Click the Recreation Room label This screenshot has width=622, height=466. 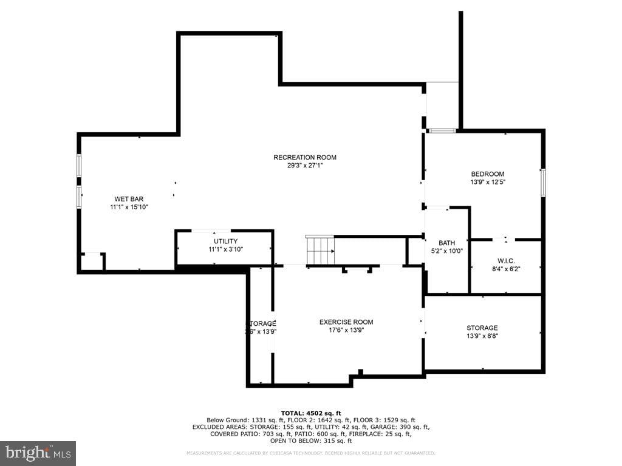[x=304, y=158]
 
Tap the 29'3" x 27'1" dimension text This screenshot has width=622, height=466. [x=304, y=166]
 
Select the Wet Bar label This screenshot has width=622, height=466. [x=129, y=199]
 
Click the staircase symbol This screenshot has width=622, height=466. [x=320, y=250]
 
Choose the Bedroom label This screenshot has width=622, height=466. [x=487, y=174]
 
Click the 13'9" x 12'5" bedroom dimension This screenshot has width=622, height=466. [x=487, y=182]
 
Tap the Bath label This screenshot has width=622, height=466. [x=446, y=243]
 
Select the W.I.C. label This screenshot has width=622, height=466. [x=505, y=261]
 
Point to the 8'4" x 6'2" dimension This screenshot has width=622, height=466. [x=505, y=269]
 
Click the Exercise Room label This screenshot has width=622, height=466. [x=346, y=322]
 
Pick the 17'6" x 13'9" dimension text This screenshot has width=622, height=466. [x=346, y=331]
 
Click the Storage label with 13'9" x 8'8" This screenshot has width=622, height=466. [x=482, y=328]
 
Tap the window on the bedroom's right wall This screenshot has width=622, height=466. [x=543, y=182]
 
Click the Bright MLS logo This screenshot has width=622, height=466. [x=38, y=453]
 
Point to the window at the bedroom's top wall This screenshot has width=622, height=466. [x=442, y=130]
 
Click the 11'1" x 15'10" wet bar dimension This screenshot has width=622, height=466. [x=129, y=207]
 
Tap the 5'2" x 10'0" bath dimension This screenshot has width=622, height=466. [x=446, y=251]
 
